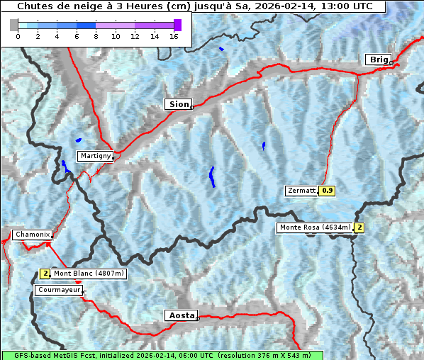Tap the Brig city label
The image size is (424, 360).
(377, 60)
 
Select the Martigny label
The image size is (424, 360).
(94, 156)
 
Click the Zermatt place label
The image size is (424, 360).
(301, 191)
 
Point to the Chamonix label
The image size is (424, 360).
(31, 235)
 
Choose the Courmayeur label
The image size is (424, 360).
(58, 290)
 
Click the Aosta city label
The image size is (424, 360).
(180, 315)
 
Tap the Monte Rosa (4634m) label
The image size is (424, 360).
(315, 227)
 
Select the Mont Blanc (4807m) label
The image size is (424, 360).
(89, 274)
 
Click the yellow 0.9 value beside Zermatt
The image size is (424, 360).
(327, 191)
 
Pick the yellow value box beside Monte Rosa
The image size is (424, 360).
(359, 227)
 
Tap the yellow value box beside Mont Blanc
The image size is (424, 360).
(45, 274)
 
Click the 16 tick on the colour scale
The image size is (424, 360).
(173, 36)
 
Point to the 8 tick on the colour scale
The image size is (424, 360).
(96, 36)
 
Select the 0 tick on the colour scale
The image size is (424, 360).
(18, 36)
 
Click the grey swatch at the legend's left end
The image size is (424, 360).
(14, 25)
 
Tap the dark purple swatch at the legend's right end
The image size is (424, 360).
(177, 25)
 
